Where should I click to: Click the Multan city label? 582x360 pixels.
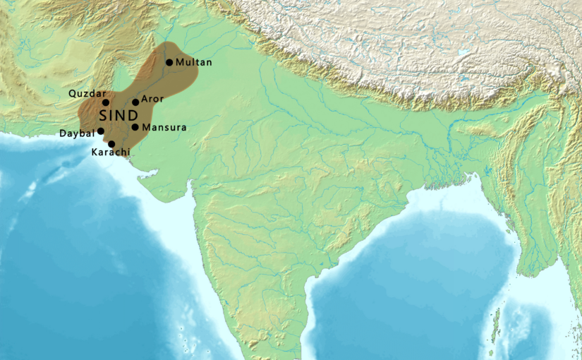point(193,63)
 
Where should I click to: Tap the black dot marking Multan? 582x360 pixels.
point(169,62)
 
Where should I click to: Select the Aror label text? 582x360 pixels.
point(152,100)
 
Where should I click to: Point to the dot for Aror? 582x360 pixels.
point(135,102)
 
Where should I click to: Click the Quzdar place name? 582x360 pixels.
point(87,94)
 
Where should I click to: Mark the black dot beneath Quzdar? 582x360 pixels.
point(106,102)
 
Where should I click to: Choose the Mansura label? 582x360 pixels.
point(164,128)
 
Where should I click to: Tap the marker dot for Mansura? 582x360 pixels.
point(135,127)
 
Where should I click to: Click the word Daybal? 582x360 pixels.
point(76,133)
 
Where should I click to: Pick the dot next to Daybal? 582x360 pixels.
point(100,131)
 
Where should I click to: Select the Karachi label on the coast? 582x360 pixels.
point(111,152)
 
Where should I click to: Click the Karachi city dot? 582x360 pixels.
point(111,143)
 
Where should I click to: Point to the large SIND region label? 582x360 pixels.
point(119,115)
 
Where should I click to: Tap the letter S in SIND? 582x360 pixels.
point(105,115)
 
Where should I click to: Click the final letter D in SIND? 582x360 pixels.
point(133,115)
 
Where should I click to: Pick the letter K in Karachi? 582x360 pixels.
point(95,152)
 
